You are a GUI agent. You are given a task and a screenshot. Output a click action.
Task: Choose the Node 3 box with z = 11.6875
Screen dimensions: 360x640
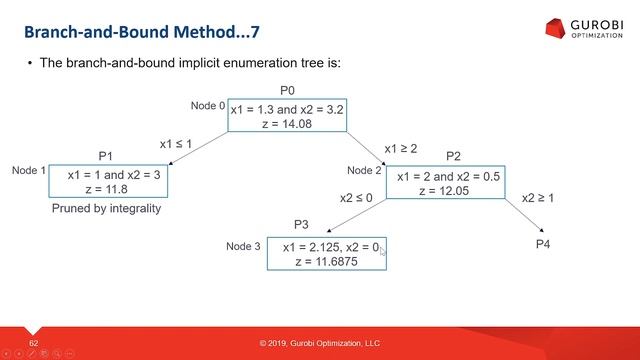coord(326,254)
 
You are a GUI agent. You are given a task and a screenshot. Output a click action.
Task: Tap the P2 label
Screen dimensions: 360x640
coord(453,156)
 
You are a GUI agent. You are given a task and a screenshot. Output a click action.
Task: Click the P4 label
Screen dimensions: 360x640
coord(543,243)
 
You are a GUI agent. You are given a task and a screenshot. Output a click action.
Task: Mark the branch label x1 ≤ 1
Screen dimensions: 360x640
coord(177,143)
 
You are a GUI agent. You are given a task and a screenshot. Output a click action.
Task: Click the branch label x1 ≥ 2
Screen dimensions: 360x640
coord(401,148)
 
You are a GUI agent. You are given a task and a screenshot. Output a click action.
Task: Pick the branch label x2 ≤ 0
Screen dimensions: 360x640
coord(356,198)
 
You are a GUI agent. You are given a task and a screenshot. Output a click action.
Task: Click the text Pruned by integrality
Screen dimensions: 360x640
coord(105,209)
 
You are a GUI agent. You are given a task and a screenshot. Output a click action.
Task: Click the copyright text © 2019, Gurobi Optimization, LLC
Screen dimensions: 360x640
coord(320,344)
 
